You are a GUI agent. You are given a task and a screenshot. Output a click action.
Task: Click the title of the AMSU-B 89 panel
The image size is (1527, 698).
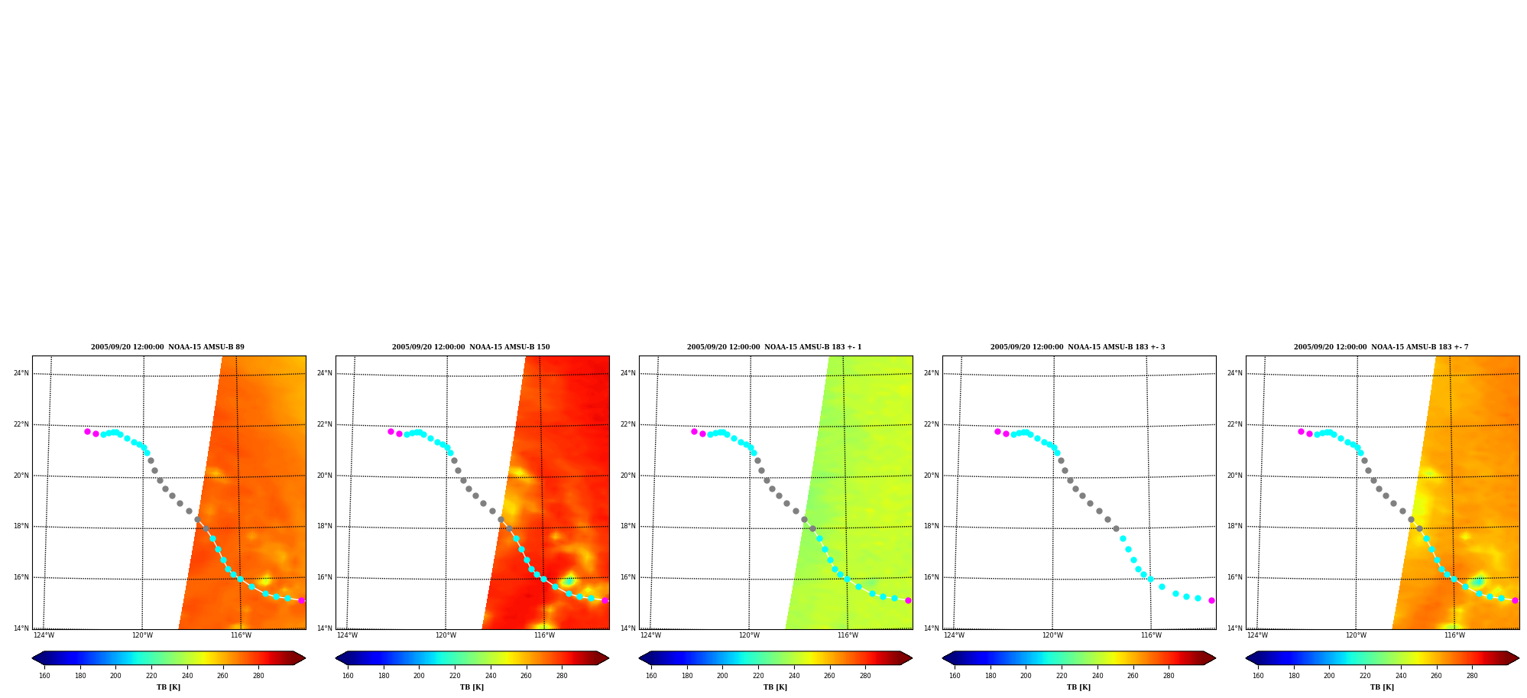pos(167,347)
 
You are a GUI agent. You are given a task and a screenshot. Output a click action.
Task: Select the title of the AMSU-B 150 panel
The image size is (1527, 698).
pos(471,347)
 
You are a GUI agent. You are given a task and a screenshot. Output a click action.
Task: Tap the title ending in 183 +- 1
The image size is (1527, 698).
pos(774,347)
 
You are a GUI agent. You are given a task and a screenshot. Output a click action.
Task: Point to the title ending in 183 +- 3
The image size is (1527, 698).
pos(1078,347)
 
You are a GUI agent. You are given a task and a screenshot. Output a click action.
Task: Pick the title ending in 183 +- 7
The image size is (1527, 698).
pos(1381,347)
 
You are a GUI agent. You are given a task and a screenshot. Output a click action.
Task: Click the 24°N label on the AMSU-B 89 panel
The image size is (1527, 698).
pos(21,373)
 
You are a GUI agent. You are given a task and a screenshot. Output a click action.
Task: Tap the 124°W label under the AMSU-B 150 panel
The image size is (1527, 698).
pos(347,635)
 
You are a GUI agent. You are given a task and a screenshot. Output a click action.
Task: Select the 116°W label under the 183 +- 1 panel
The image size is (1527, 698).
pos(848,635)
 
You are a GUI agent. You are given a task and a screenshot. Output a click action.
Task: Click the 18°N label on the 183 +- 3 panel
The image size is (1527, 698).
pos(932,527)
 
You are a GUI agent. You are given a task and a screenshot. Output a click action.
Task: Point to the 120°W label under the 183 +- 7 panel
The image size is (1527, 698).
pos(1356,635)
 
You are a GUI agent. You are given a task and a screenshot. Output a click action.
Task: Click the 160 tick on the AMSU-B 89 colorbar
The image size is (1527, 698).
pos(44,676)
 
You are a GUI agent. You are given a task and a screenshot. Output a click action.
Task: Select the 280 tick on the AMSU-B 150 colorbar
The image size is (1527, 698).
pos(562,676)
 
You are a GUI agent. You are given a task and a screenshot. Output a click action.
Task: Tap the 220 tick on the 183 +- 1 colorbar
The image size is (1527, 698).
pos(758,676)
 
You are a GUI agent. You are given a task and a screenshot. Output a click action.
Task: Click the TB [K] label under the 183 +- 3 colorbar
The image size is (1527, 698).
pos(1078,687)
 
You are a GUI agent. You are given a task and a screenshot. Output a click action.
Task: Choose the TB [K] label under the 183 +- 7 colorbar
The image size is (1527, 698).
pos(1382,687)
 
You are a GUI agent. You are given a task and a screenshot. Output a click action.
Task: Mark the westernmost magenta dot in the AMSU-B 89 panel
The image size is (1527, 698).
pos(87,431)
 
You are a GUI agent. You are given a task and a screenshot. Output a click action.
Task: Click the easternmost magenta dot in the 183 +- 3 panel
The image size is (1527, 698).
pos(1211,600)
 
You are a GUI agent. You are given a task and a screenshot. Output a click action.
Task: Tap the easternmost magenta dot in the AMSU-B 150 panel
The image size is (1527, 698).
pos(605,600)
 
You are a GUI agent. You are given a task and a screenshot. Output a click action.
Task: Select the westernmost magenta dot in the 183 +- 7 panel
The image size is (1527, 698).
pos(1301,431)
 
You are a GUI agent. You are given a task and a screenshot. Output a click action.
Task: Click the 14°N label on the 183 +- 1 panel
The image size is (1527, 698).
pos(628,628)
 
